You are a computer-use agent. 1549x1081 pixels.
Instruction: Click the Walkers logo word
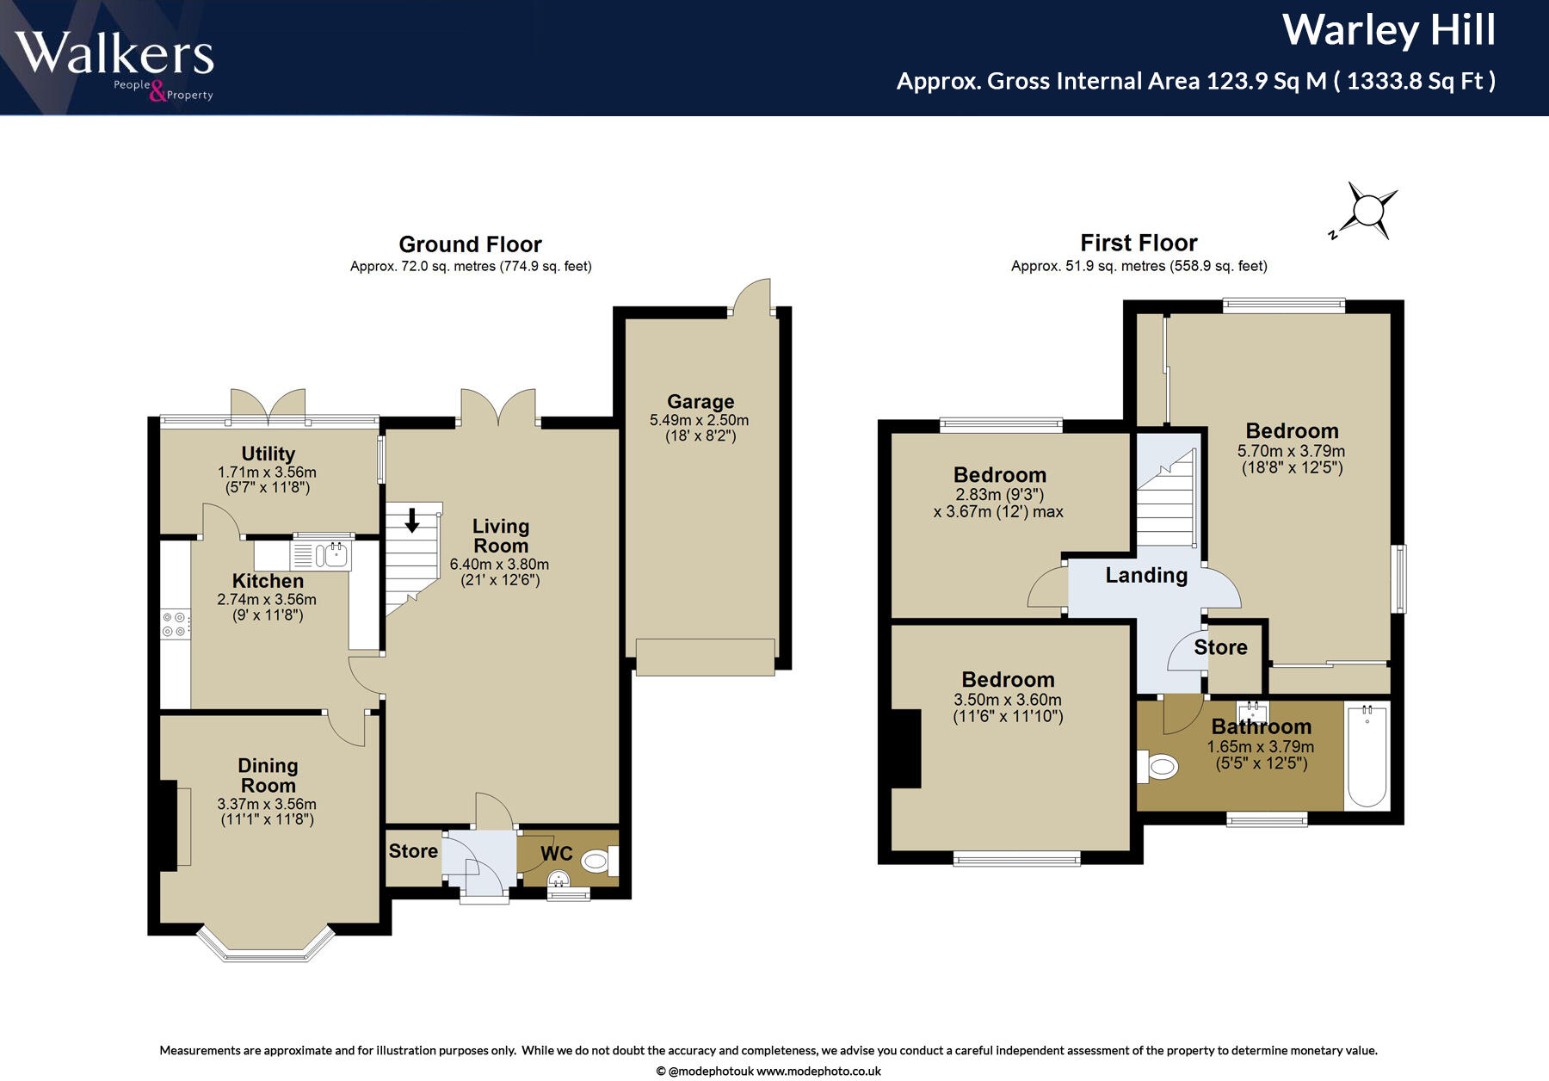pyautogui.click(x=114, y=53)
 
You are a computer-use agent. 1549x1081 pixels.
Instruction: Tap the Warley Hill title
pyautogui.click(x=1389, y=30)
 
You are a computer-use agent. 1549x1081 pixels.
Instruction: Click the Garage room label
pyautogui.click(x=700, y=402)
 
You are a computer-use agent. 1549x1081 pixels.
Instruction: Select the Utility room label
pyautogui.click(x=268, y=454)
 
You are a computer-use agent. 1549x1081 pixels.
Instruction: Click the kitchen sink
pyautogui.click(x=321, y=555)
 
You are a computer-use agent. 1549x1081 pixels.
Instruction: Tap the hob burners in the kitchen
pyautogui.click(x=175, y=624)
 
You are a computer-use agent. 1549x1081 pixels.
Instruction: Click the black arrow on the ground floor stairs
pyautogui.click(x=412, y=520)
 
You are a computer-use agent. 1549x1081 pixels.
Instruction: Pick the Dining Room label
pyautogui.click(x=268, y=775)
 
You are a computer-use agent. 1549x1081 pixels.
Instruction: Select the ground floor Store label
pyautogui.click(x=413, y=851)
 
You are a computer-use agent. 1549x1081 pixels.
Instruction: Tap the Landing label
pyautogui.click(x=1146, y=575)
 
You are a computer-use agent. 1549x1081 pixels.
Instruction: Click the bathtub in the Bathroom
pyautogui.click(x=1367, y=757)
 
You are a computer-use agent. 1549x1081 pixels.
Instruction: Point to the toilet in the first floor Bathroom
pyautogui.click(x=1157, y=766)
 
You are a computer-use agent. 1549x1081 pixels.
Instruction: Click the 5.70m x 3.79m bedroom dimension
pyautogui.click(x=1291, y=451)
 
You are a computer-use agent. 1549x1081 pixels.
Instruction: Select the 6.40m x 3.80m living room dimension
pyautogui.click(x=499, y=565)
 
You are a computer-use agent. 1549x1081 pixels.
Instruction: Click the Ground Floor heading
pyautogui.click(x=470, y=244)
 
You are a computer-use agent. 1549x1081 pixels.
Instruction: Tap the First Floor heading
pyautogui.click(x=1139, y=243)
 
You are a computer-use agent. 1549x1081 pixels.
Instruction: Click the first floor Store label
pyautogui.click(x=1220, y=647)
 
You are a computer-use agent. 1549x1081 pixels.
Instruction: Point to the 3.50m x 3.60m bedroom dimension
pyautogui.click(x=1007, y=701)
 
